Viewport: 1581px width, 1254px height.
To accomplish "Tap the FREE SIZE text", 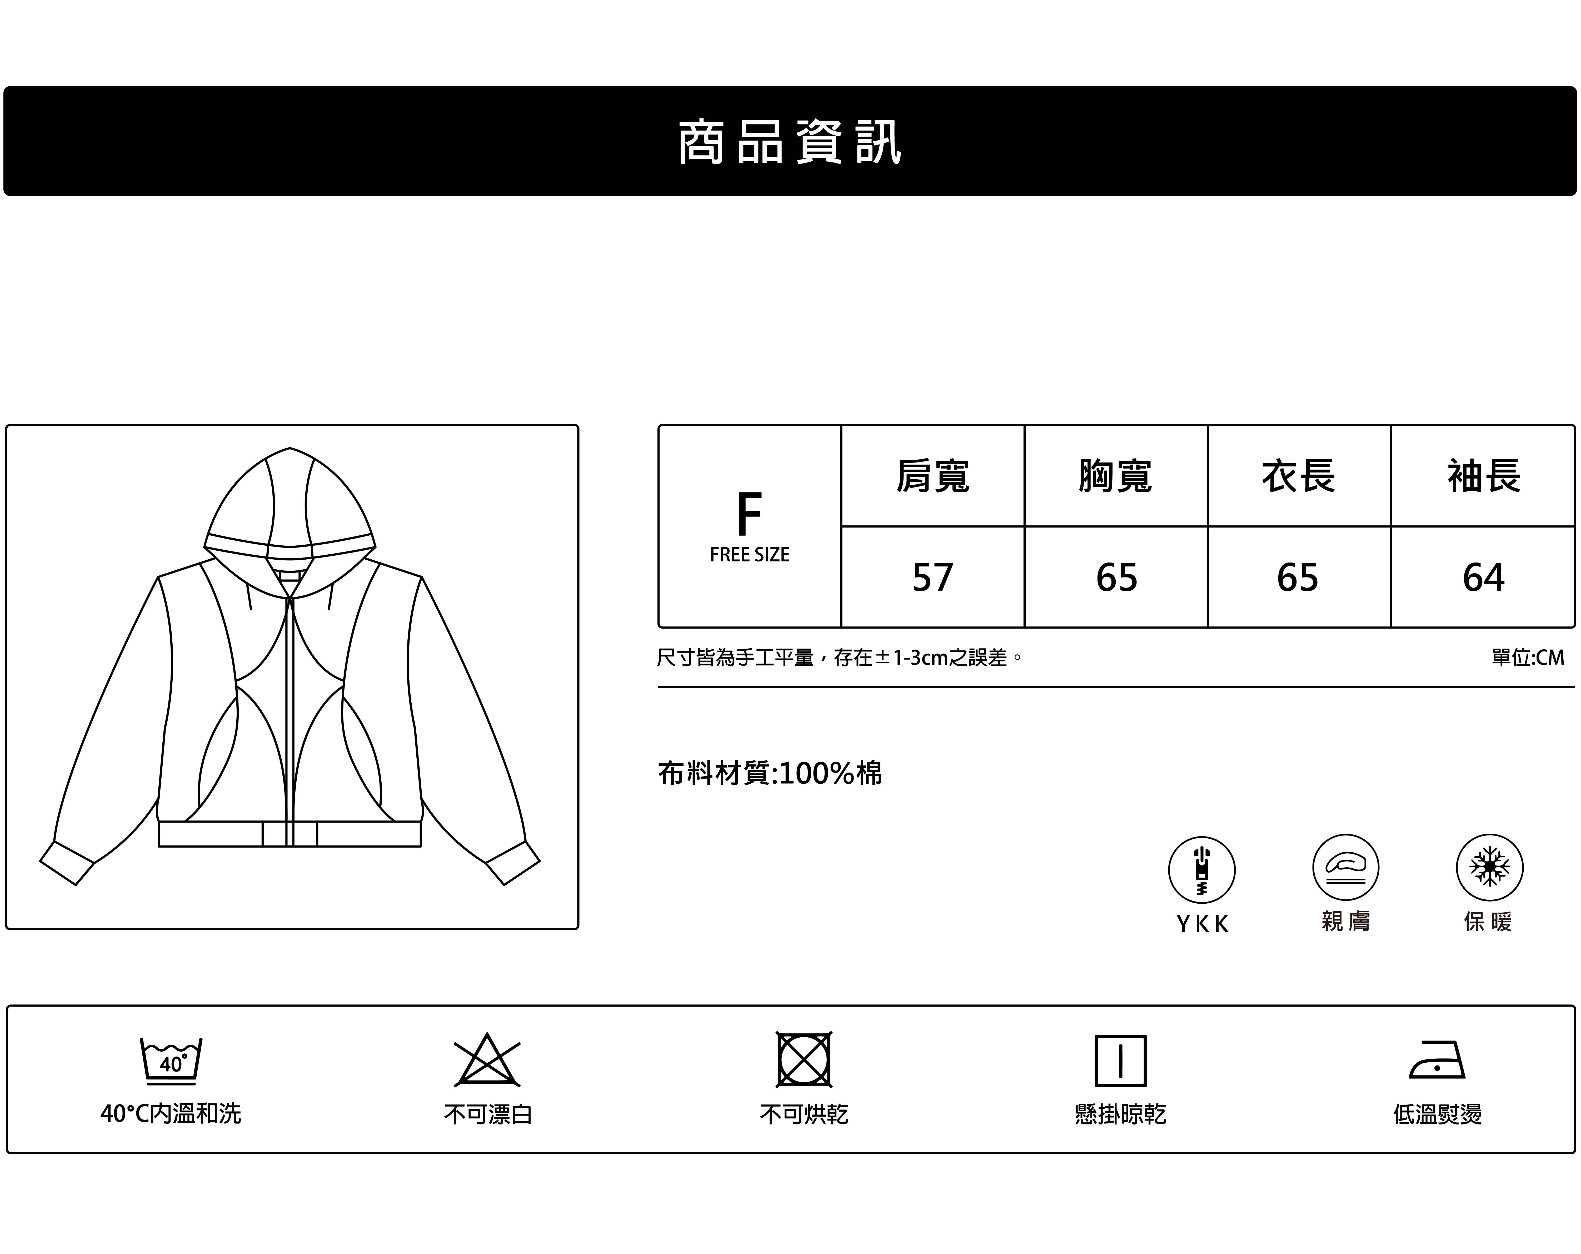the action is tap(749, 555).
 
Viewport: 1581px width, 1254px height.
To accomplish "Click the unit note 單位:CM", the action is tap(1528, 658).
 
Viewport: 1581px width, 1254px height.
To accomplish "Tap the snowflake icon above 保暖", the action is tap(1489, 868).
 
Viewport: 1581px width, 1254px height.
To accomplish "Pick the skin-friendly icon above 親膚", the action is tap(1346, 868).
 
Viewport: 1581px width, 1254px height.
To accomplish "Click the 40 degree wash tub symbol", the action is tap(171, 1061).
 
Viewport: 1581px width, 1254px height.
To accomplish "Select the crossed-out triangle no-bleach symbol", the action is tap(487, 1061).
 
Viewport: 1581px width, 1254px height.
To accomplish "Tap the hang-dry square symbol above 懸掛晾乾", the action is tap(1120, 1061).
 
